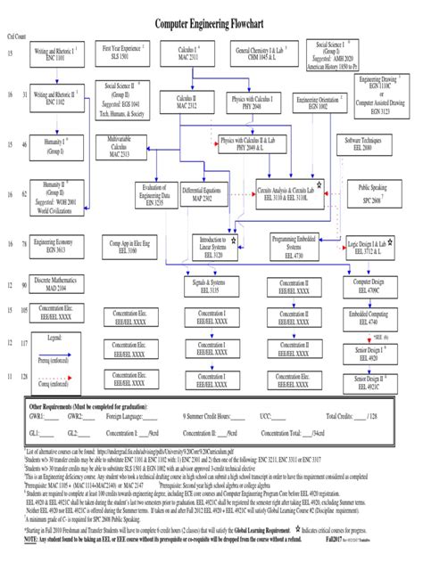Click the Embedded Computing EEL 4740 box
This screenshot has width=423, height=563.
point(369,319)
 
